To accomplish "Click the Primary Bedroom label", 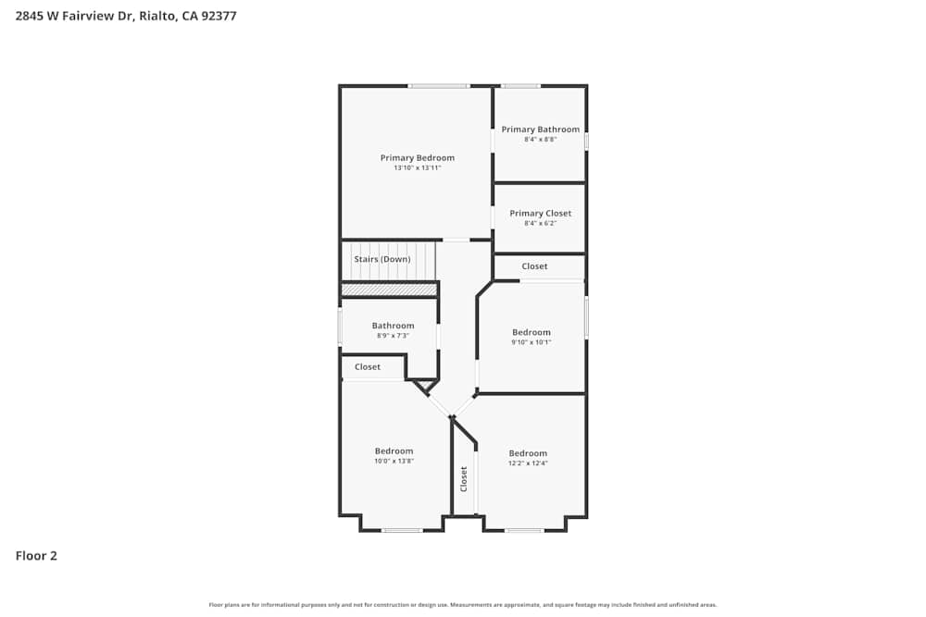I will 417,158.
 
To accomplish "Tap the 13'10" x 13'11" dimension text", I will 417,168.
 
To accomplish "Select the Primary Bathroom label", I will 540,130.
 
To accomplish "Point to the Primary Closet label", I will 540,214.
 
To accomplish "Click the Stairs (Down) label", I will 382,260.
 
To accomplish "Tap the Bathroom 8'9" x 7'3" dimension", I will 393,336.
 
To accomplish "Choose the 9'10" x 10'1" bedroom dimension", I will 532,342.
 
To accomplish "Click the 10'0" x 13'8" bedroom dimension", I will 394,461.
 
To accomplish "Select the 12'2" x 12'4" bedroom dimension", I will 528,463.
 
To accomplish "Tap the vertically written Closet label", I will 464,478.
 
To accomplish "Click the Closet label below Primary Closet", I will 534,266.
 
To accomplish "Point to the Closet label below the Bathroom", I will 368,367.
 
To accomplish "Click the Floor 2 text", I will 36,556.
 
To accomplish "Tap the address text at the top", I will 125,16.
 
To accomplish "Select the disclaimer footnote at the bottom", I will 463,605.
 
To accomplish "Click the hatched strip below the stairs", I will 389,290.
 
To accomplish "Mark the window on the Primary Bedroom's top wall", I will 439,86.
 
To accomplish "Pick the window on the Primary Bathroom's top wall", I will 520,86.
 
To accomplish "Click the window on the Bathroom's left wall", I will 340,326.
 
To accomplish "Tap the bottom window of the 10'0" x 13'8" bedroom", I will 402,530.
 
